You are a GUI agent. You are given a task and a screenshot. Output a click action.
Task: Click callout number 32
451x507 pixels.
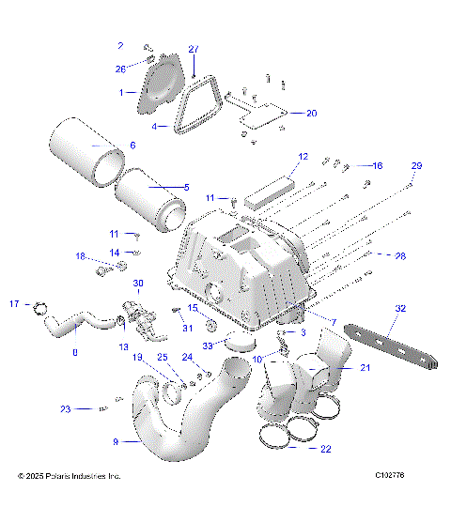point(400,308)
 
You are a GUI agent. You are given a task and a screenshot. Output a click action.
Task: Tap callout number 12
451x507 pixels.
point(303,157)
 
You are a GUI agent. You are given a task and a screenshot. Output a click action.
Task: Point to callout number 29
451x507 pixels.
point(416,165)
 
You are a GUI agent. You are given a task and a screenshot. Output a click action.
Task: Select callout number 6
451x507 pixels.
point(132,145)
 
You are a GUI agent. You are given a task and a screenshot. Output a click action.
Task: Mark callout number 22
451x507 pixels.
point(325,449)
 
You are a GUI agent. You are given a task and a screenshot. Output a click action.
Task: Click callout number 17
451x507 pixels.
point(14,303)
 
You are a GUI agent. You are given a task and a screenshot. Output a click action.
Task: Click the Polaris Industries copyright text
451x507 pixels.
point(70,476)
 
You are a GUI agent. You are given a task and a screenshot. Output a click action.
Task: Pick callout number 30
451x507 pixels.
point(138,284)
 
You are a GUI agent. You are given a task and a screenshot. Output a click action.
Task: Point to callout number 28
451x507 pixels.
point(400,255)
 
